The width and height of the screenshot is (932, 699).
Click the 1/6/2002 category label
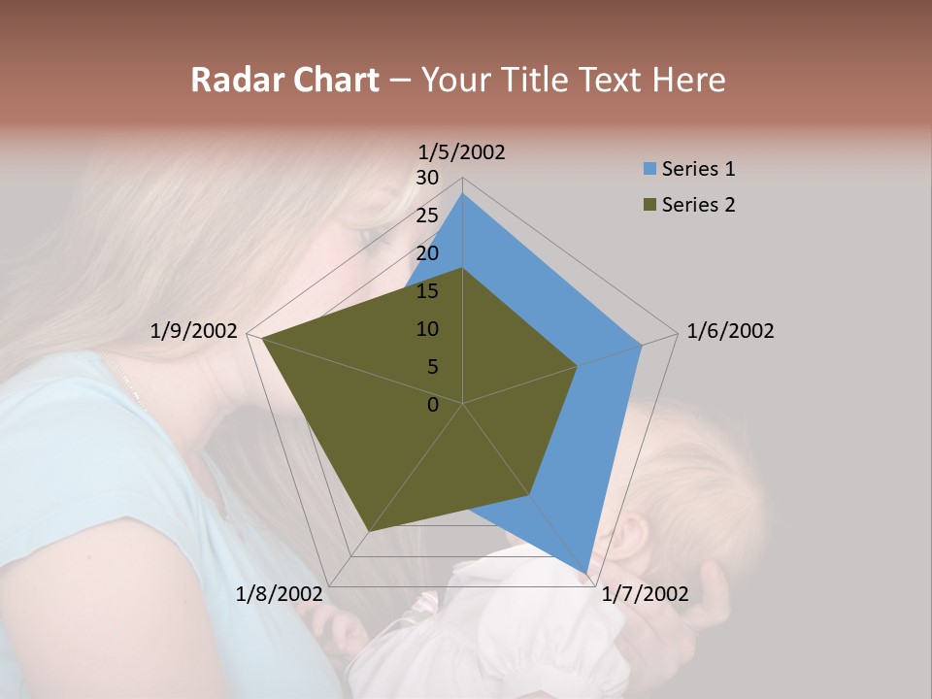click(x=730, y=331)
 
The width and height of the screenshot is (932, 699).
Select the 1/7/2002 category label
click(x=645, y=594)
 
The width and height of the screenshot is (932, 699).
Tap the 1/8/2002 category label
click(x=279, y=594)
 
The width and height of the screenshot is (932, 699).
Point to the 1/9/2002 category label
click(x=194, y=331)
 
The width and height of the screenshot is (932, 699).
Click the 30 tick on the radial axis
click(x=427, y=178)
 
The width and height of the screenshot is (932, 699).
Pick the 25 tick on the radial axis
click(x=427, y=216)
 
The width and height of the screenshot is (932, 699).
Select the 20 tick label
click(x=427, y=253)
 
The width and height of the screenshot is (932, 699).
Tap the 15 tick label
click(x=427, y=291)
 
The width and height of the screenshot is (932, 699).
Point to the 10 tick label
click(x=427, y=329)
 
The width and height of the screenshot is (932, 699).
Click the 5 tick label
click(x=432, y=367)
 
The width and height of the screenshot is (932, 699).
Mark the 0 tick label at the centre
click(x=433, y=404)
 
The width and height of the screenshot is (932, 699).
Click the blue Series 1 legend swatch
click(x=649, y=169)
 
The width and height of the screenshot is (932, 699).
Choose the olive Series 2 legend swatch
click(x=649, y=205)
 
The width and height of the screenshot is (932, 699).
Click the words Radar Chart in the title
click(x=284, y=80)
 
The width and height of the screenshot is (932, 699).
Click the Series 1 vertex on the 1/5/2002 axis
click(x=463, y=194)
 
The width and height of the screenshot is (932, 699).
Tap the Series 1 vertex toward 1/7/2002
click(x=588, y=573)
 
